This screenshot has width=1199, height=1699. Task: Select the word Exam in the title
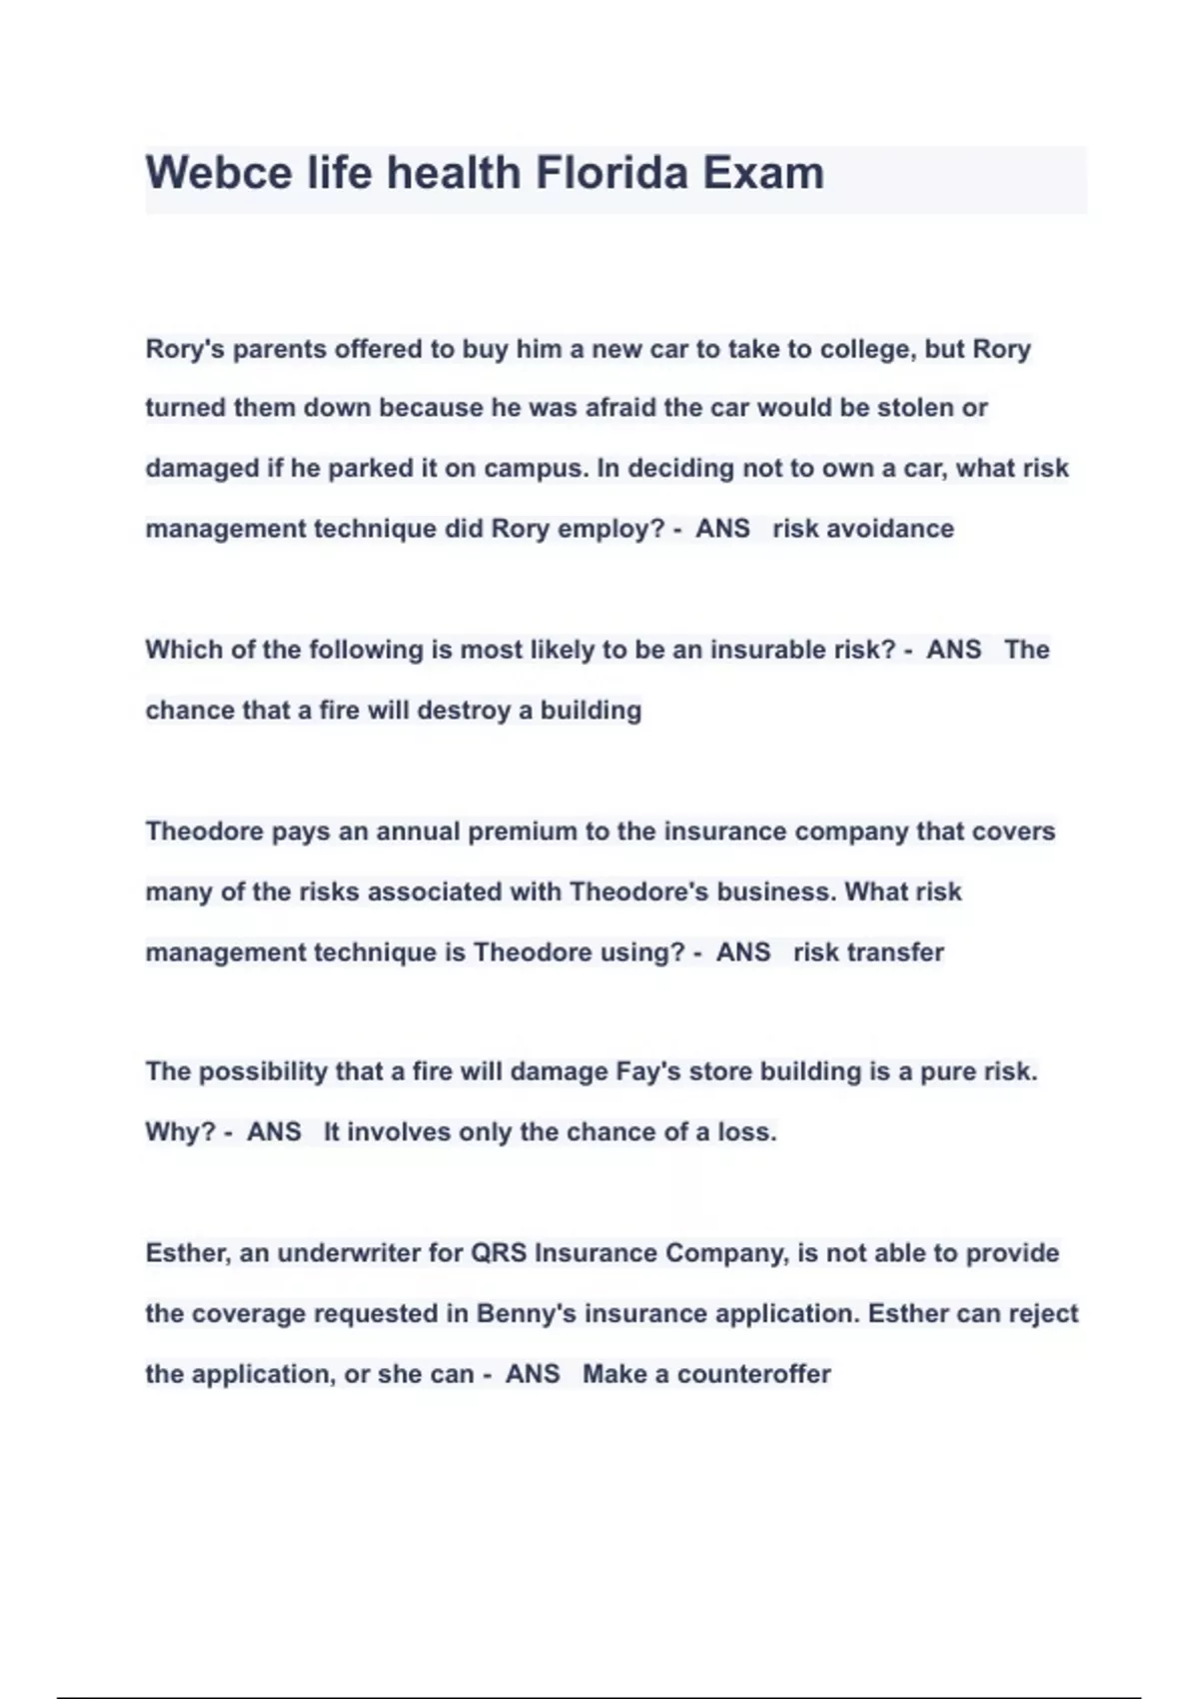(x=762, y=173)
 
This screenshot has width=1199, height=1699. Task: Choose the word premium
(x=522, y=832)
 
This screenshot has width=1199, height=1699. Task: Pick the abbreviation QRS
(x=498, y=1253)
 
